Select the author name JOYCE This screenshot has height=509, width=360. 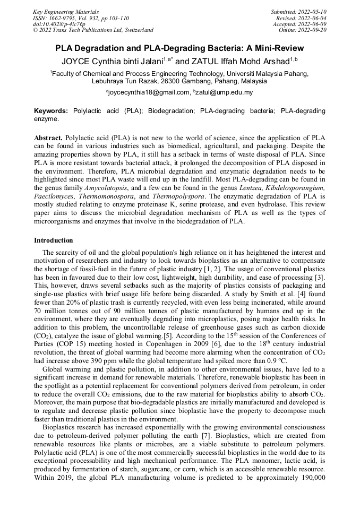pos(78,61)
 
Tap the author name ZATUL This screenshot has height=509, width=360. pos(205,61)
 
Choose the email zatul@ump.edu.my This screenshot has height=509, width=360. pos(225,92)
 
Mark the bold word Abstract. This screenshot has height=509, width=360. pos(48,137)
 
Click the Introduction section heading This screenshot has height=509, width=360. pos(54,240)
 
